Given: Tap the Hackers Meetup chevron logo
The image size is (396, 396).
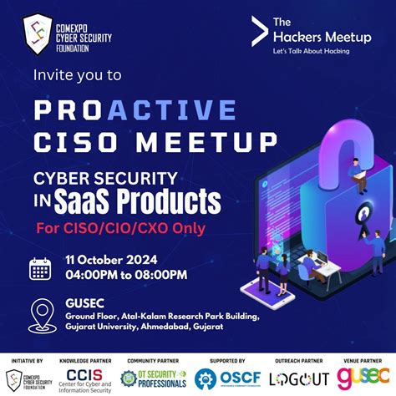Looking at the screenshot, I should tap(260, 31).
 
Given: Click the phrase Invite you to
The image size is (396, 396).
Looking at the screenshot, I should tap(78, 74).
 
